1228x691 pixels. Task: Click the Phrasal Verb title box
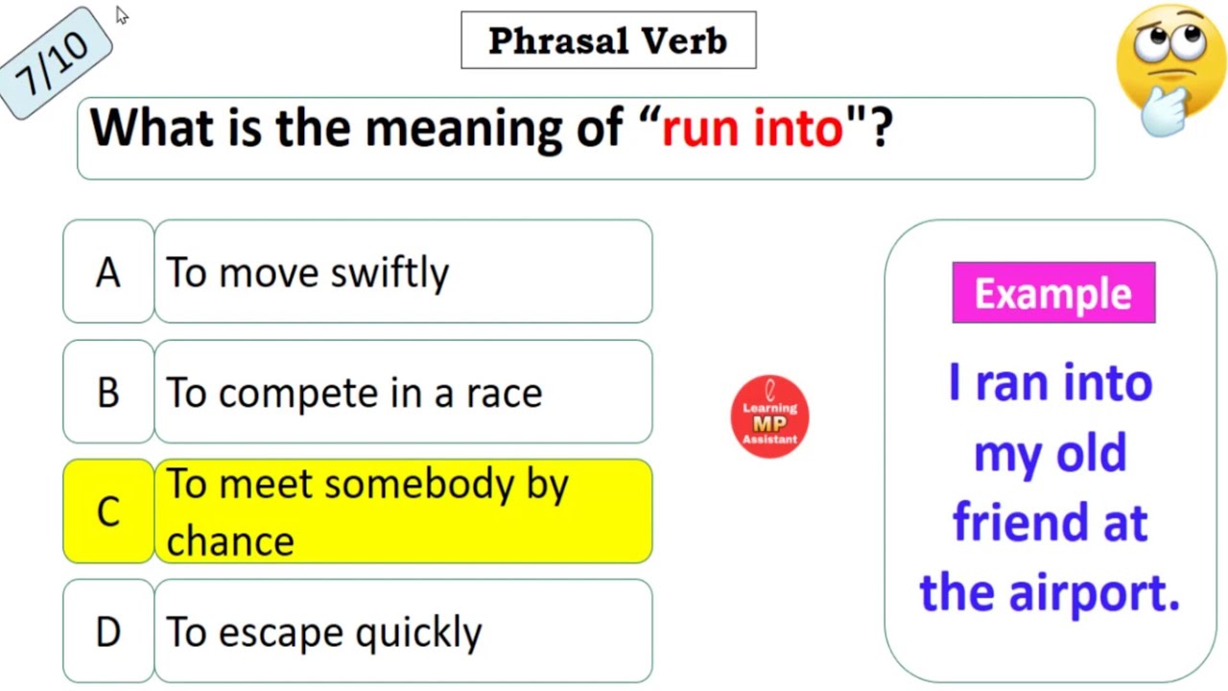(608, 40)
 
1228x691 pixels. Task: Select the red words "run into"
(752, 128)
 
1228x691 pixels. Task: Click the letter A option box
(108, 273)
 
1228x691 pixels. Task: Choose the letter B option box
(108, 393)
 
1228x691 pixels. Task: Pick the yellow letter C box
(108, 512)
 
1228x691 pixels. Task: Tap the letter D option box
(108, 631)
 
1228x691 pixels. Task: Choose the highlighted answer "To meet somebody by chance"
(403, 512)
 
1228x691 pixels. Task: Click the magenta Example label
(1053, 293)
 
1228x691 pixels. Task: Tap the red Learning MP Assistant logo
(769, 417)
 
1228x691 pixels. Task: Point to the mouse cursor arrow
(122, 14)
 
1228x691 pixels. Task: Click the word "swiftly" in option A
(390, 274)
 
